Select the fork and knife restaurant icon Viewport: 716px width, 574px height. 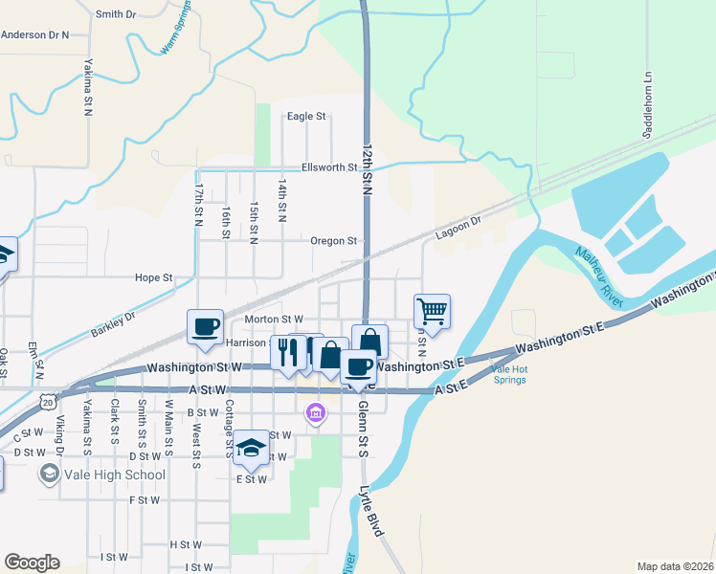(288, 352)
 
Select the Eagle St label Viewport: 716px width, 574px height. (307, 117)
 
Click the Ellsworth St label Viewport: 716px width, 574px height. (328, 167)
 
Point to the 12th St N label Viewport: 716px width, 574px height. (366, 171)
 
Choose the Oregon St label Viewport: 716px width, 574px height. (333, 241)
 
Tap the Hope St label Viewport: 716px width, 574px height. (153, 278)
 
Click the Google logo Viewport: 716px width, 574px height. (32, 563)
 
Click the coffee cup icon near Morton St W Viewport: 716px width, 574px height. (206, 325)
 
